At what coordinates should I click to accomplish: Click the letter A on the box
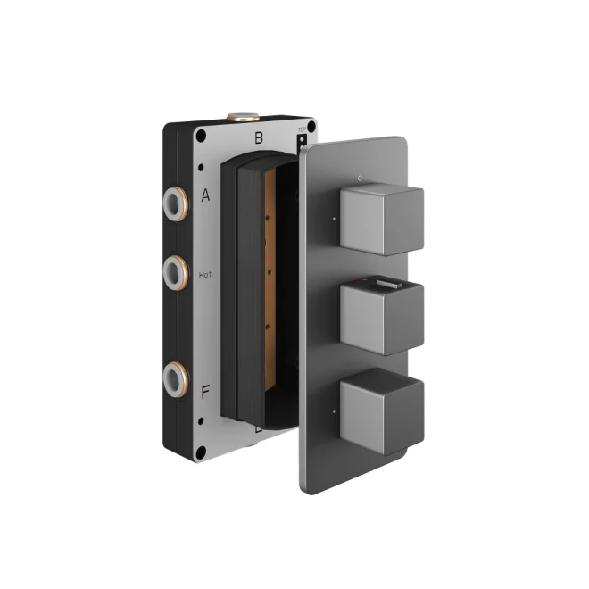click(x=205, y=196)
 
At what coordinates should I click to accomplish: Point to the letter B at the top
click(x=259, y=138)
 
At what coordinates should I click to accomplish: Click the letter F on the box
click(x=205, y=391)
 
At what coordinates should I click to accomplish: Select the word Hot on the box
click(x=205, y=276)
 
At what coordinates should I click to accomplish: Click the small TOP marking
click(x=301, y=131)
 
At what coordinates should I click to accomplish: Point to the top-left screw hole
click(x=201, y=136)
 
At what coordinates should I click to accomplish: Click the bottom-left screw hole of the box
click(x=201, y=452)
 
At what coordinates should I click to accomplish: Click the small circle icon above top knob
click(x=358, y=178)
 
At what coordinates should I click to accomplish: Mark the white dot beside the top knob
click(x=335, y=216)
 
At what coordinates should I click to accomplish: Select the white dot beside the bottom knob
click(x=335, y=412)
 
